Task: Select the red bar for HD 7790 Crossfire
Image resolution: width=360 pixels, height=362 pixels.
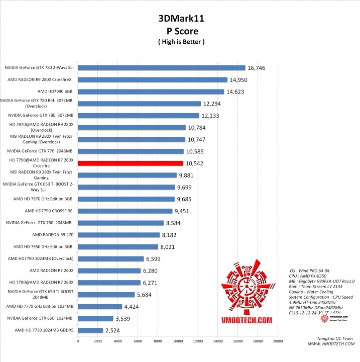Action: pyautogui.click(x=131, y=163)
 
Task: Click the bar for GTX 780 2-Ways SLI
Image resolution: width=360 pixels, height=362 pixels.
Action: pyautogui.click(x=161, y=68)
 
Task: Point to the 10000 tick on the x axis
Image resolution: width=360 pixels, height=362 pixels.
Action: pyautogui.click(x=178, y=341)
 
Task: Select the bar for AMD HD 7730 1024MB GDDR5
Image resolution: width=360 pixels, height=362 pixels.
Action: pyautogui.click(x=90, y=330)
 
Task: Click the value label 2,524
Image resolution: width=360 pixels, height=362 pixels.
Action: pyautogui.click(x=114, y=330)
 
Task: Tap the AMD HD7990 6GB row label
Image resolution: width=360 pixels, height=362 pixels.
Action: pyautogui.click(x=56, y=92)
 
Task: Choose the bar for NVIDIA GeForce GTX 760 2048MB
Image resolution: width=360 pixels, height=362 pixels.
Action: pyautogui.click(x=121, y=223)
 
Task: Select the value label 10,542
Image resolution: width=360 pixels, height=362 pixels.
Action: pyautogui.click(x=195, y=163)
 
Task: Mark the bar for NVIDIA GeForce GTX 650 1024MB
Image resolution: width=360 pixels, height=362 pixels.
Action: pyautogui.click(x=95, y=318)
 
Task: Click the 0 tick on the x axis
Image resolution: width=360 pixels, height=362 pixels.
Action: pyautogui.click(x=78, y=341)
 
